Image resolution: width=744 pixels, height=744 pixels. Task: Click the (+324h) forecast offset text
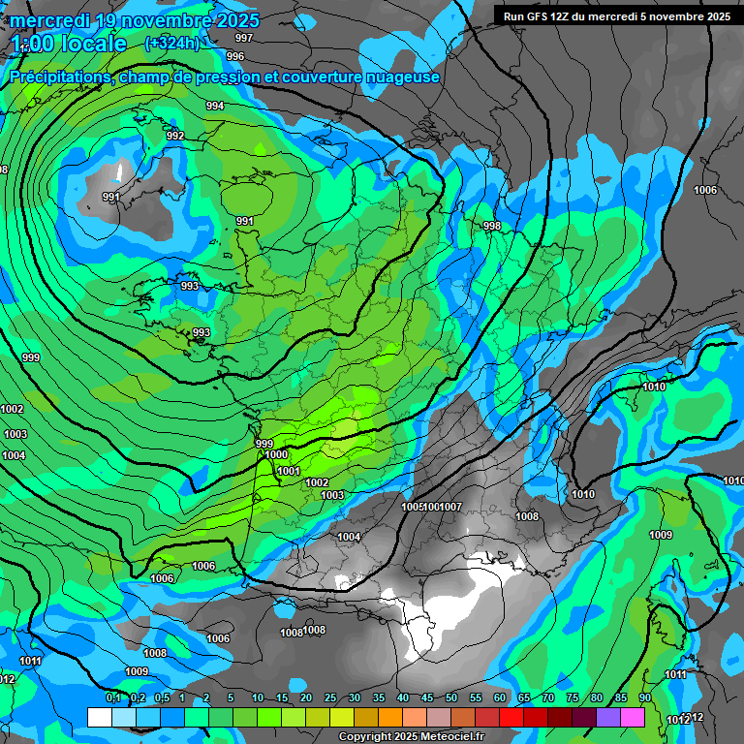pyautogui.click(x=171, y=43)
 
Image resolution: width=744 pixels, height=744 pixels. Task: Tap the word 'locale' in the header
pyautogui.click(x=93, y=44)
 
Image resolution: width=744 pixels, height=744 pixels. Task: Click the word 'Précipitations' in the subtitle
pyautogui.click(x=61, y=77)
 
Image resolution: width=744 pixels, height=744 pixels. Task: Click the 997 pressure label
pyautogui.click(x=244, y=38)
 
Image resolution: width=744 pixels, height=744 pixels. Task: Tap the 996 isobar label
pyautogui.click(x=235, y=56)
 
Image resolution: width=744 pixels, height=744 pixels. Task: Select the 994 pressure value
pyautogui.click(x=215, y=106)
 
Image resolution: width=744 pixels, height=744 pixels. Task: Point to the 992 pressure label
pyautogui.click(x=175, y=136)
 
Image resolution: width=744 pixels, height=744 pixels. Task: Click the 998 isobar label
pyautogui.click(x=492, y=226)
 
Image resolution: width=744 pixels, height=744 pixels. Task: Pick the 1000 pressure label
pyautogui.click(x=276, y=454)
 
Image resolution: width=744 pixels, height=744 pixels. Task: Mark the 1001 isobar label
pyautogui.click(x=288, y=471)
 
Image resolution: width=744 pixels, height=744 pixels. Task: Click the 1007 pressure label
pyautogui.click(x=450, y=507)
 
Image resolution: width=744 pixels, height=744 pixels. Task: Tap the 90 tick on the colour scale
pyautogui.click(x=644, y=698)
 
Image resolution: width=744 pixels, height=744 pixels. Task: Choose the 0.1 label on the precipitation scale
pyautogui.click(x=112, y=698)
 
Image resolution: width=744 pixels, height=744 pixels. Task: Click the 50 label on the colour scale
pyautogui.click(x=451, y=698)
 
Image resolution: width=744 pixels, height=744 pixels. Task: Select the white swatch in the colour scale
pyautogui.click(x=99, y=717)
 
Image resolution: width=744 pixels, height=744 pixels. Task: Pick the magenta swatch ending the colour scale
pyautogui.click(x=633, y=717)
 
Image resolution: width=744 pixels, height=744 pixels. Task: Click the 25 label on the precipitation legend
pyautogui.click(x=330, y=698)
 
